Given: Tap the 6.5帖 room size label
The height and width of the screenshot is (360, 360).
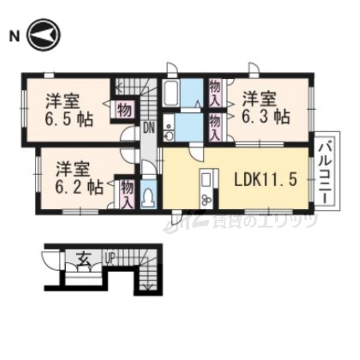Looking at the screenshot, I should coord(67,118).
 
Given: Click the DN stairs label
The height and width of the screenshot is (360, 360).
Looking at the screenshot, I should coord(148,127).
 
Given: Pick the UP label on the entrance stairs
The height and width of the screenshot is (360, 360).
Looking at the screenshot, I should coord(110,259).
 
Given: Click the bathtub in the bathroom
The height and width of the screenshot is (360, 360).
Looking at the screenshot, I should coord(172,94).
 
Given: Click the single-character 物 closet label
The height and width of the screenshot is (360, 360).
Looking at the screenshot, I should coord(124,110).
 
